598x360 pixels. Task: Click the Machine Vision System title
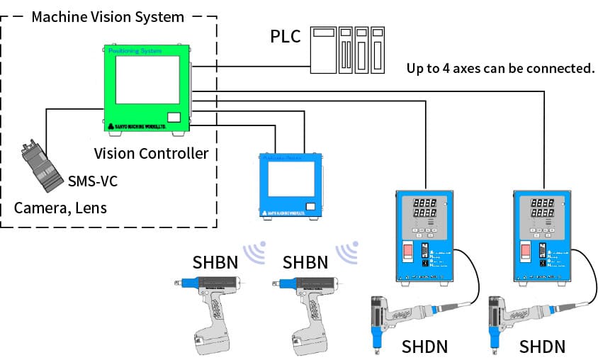coord(108,16)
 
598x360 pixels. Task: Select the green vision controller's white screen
coord(147,80)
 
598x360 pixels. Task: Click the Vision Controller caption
coord(151,153)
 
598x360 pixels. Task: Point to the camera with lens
coord(43,167)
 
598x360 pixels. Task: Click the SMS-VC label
coord(92,181)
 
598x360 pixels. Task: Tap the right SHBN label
coord(305,262)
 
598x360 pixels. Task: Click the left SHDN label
coord(424,347)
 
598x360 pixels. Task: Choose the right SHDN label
coord(542,347)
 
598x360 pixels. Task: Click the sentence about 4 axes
coord(500,69)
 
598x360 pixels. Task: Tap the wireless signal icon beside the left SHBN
coord(254,252)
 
